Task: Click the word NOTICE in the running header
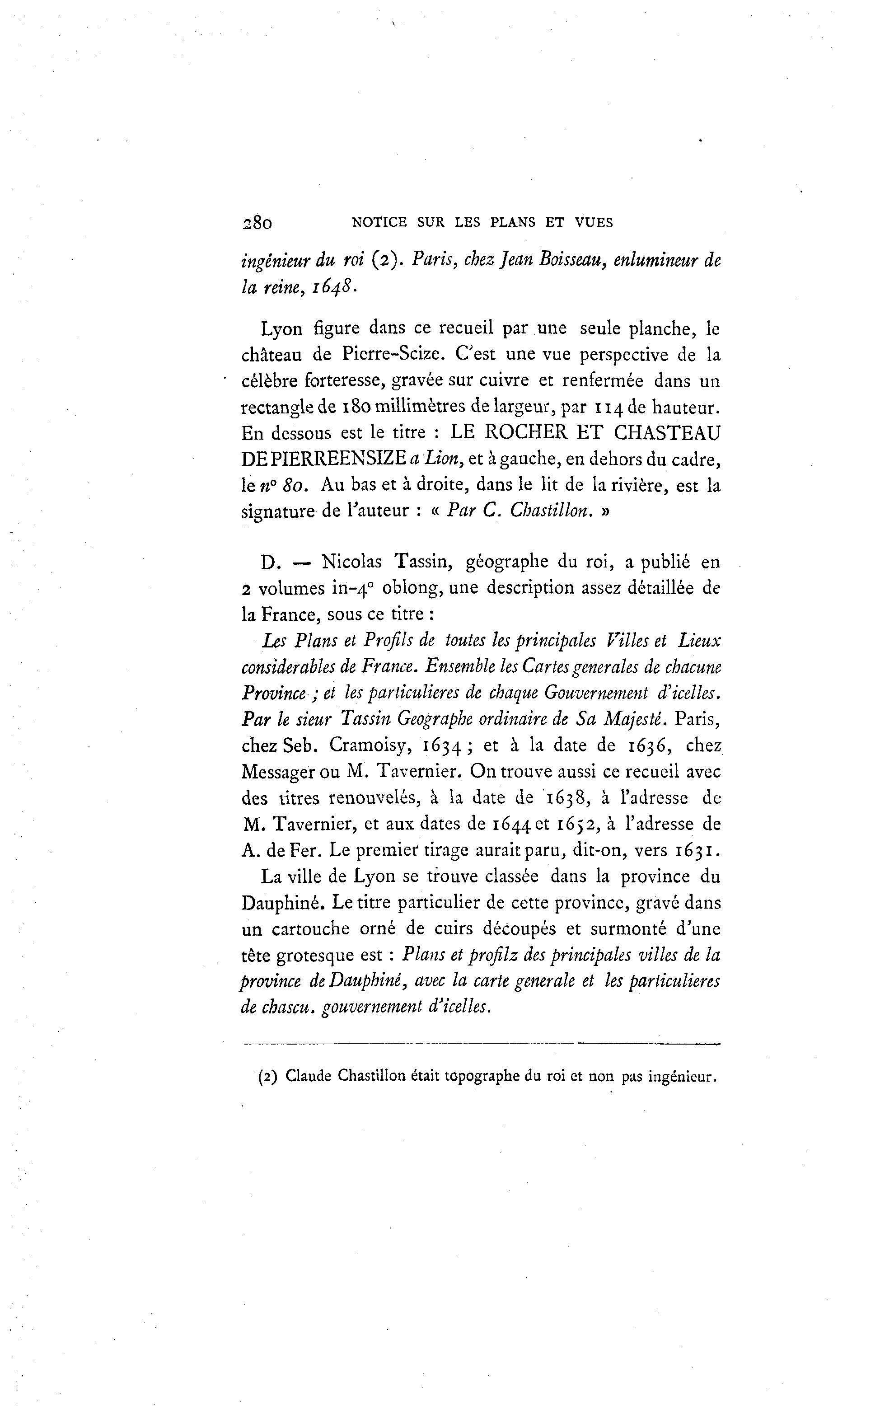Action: pyautogui.click(x=371, y=222)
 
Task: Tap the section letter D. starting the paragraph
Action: pyautogui.click(x=271, y=563)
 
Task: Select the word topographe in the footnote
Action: pyautogui.click(x=481, y=1077)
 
